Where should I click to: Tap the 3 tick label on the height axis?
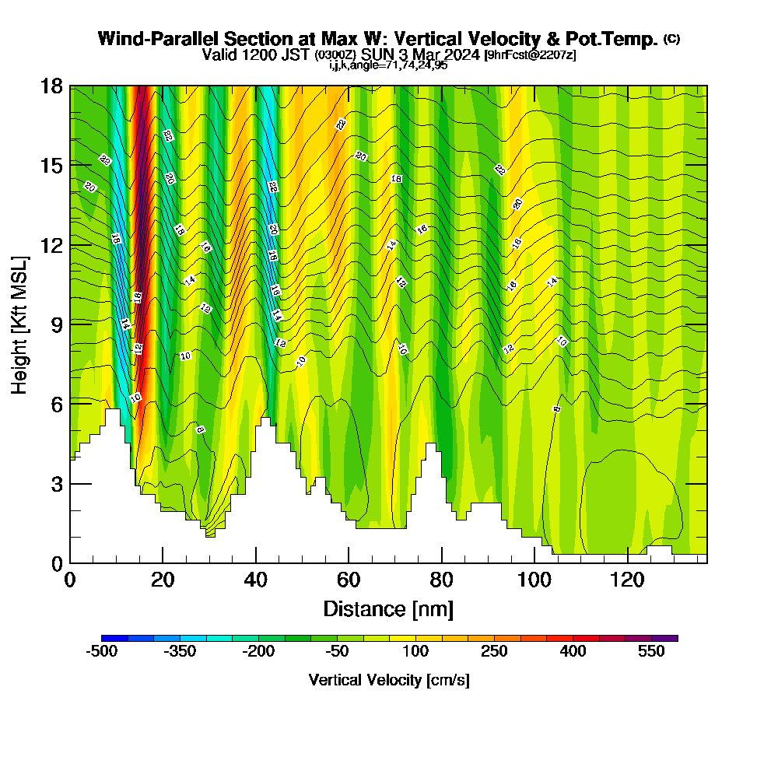(56, 484)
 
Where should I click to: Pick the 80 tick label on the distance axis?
(441, 580)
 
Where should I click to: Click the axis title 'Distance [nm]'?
(388, 608)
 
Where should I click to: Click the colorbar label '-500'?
(102, 652)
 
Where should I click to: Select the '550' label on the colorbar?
(652, 652)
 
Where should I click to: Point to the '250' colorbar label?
(495, 652)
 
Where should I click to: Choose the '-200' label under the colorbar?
(259, 652)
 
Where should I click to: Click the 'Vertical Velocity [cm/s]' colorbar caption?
(389, 680)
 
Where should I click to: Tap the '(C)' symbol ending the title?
(671, 39)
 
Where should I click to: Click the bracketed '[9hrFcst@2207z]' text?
(529, 55)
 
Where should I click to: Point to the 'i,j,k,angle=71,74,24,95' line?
(388, 65)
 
